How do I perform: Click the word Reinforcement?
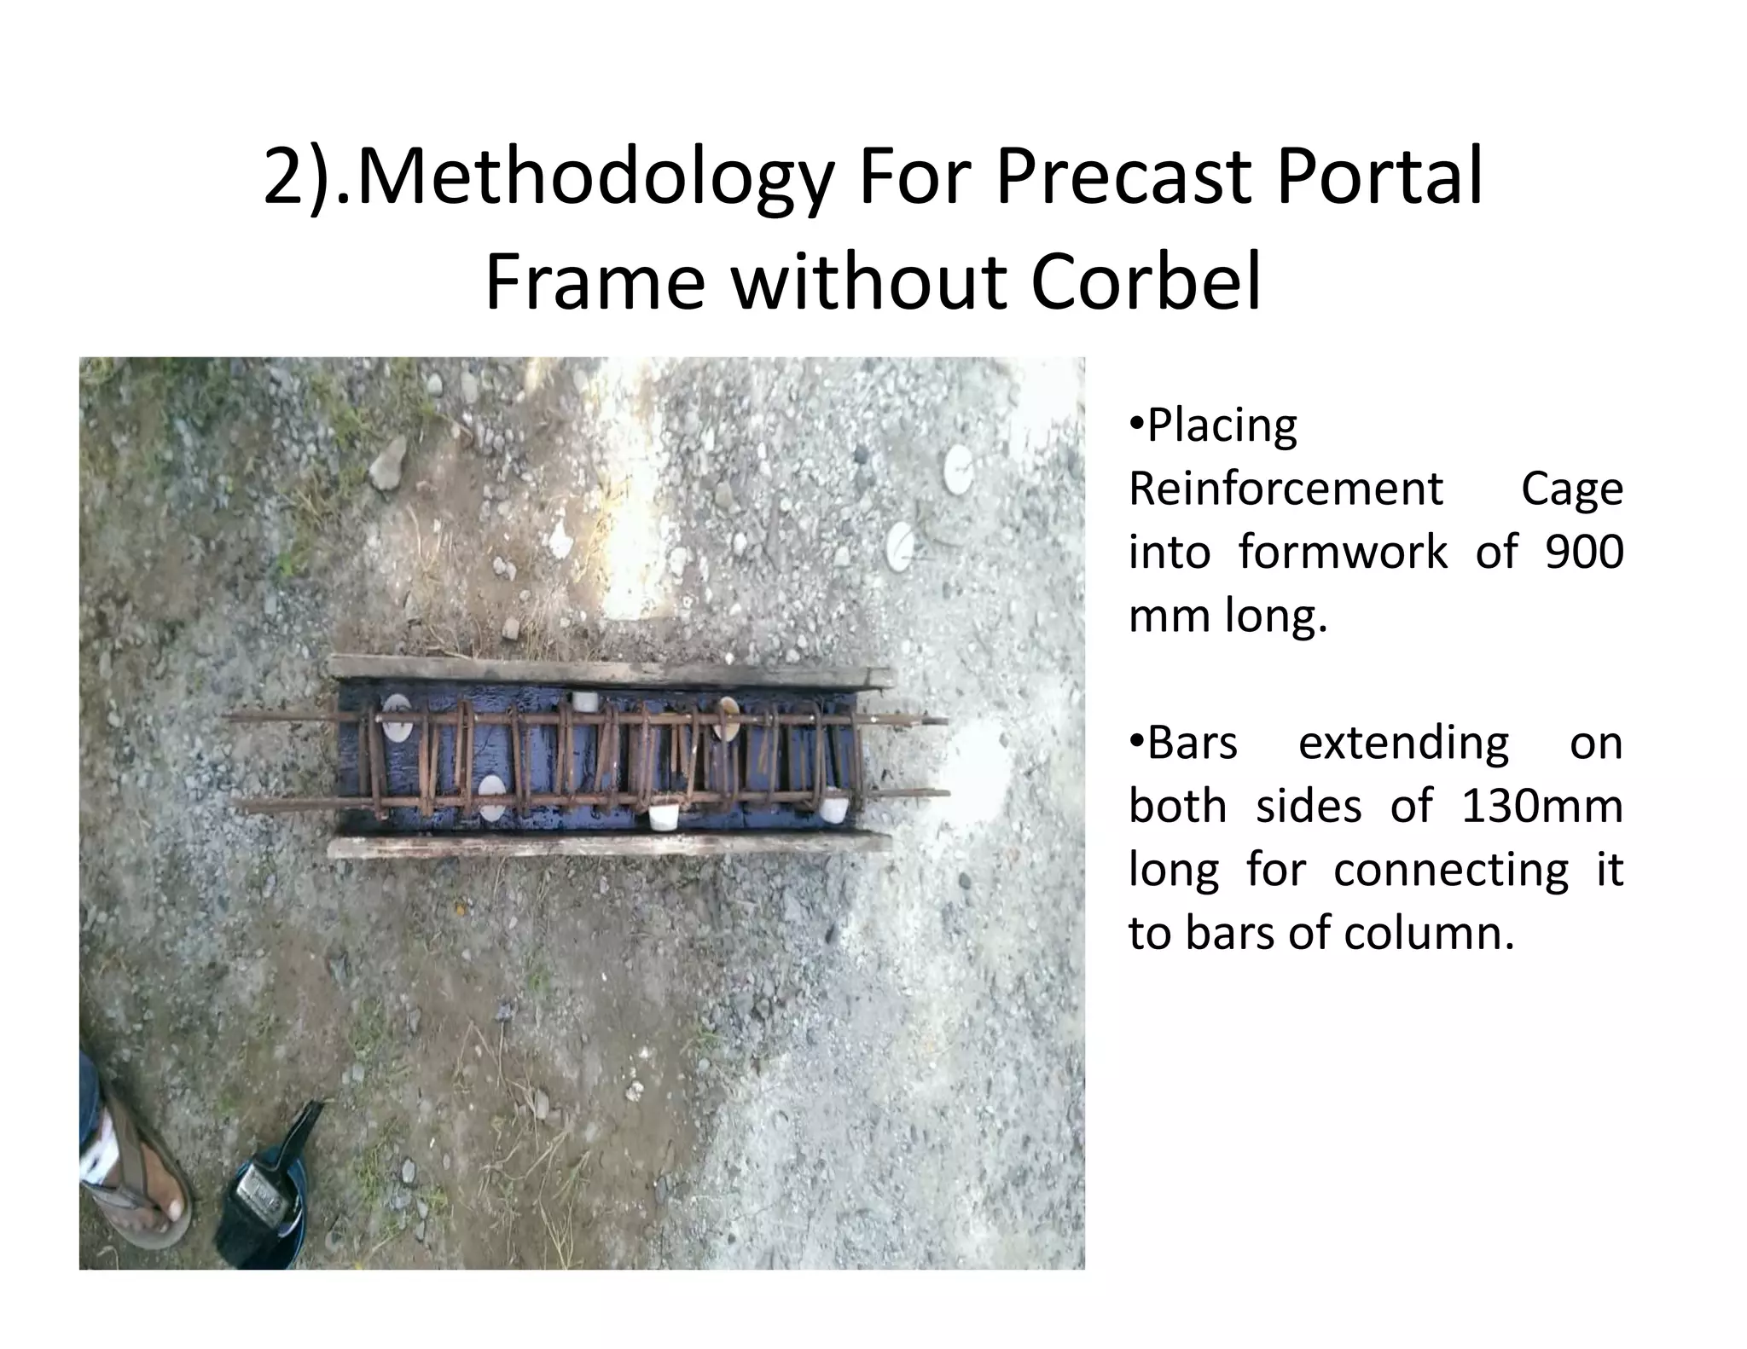tap(1286, 489)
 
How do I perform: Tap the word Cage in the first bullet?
tap(1571, 489)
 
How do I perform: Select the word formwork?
tap(1343, 552)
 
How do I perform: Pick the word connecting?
tap(1450, 870)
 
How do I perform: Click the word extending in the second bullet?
tap(1403, 742)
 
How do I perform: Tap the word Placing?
tap(1222, 426)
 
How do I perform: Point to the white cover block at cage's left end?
tap(397, 716)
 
